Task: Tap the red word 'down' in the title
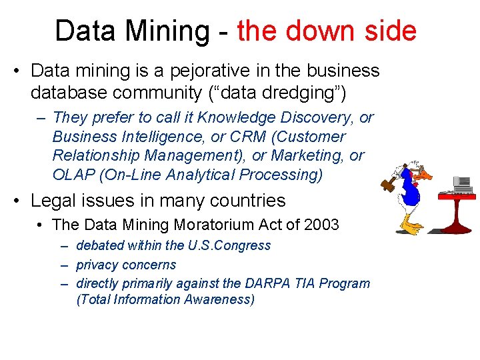point(324,31)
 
